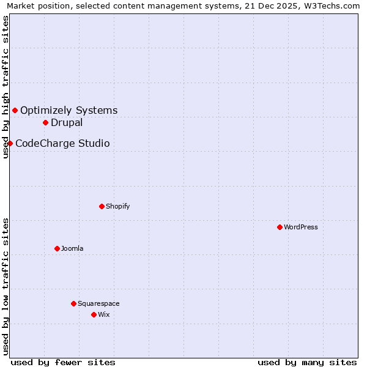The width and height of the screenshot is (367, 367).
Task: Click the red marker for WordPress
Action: (x=280, y=227)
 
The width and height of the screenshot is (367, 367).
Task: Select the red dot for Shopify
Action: (x=102, y=206)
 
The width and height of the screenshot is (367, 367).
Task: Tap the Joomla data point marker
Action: (x=57, y=248)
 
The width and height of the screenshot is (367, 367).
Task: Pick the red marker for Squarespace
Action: (x=73, y=303)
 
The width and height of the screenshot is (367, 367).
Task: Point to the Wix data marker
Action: (x=94, y=314)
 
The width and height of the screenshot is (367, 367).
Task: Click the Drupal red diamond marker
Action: (x=45, y=122)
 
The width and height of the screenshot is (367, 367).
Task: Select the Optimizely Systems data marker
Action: (x=15, y=110)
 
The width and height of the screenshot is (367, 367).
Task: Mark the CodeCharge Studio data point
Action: (x=10, y=143)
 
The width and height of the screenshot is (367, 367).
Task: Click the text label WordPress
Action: (x=301, y=227)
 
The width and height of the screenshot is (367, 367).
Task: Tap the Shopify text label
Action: (x=118, y=206)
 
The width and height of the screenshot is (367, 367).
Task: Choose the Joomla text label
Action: (x=72, y=248)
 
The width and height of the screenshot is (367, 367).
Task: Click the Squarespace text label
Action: (x=98, y=303)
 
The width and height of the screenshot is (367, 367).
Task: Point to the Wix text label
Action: (x=104, y=314)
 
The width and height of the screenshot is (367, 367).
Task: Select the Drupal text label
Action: (x=67, y=122)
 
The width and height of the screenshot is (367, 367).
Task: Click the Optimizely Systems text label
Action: (x=69, y=110)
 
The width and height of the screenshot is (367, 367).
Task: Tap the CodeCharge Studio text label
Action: (x=62, y=143)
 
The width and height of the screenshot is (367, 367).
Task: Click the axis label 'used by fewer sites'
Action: (x=63, y=362)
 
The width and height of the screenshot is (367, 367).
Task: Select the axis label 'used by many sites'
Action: (x=307, y=362)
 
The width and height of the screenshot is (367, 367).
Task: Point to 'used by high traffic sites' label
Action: (x=6, y=87)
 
